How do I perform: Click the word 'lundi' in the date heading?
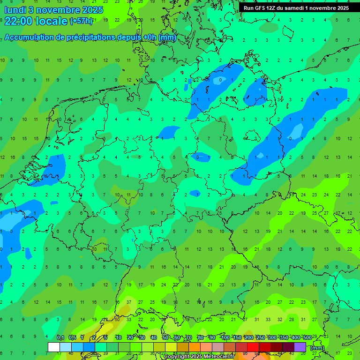click(16, 9)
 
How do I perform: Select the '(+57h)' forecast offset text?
click(81, 21)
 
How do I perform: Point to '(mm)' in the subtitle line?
click(167, 37)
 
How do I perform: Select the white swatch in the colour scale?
click(54, 347)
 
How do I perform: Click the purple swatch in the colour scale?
click(300, 347)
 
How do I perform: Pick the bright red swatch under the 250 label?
click(253, 347)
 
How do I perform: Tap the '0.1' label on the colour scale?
click(60, 338)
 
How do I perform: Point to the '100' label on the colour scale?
click(225, 338)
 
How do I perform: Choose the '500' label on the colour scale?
click(307, 338)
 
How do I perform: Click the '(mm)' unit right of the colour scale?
click(317, 348)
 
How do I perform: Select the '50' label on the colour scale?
click(165, 338)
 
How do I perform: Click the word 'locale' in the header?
click(50, 21)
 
